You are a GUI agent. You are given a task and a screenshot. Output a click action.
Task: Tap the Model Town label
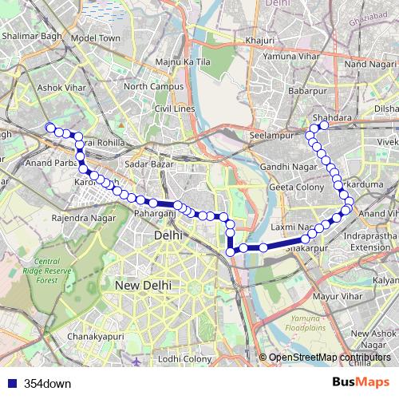point(94,38)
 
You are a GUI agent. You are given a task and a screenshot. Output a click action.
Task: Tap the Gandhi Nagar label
point(286,165)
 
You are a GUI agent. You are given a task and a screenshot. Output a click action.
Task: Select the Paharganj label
point(153,214)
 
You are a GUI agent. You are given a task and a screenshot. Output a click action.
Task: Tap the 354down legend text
point(47,383)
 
